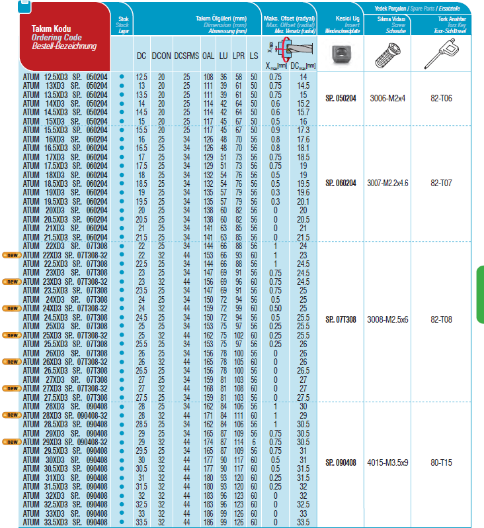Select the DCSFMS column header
(x=186, y=57)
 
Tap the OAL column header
(x=208, y=57)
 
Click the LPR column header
(x=239, y=57)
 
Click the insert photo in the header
(x=341, y=54)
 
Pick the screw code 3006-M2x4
(x=387, y=98)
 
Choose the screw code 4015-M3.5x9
(x=387, y=462)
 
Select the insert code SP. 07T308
(x=341, y=319)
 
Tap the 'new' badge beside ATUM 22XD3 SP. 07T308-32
(x=12, y=254)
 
